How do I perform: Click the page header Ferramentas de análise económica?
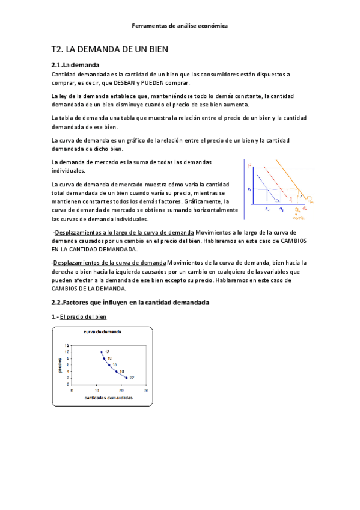click(x=180, y=26)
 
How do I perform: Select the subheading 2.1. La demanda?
click(x=76, y=65)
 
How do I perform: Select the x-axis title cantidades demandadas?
click(x=108, y=398)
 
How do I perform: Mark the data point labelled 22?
click(x=126, y=378)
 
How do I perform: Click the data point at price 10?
click(x=102, y=352)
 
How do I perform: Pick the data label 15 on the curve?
click(x=114, y=365)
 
